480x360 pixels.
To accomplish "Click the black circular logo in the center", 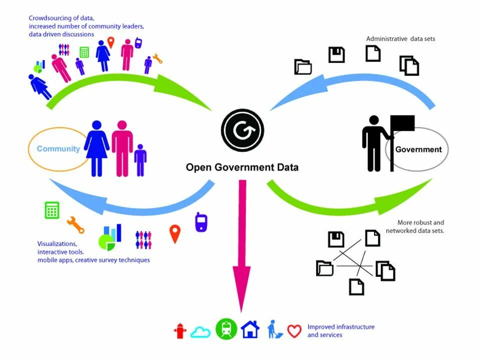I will click(242, 130).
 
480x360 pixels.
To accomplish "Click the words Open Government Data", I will click(242, 167).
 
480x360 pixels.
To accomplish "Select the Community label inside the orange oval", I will click(58, 149).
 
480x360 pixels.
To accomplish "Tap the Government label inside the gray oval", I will click(418, 149).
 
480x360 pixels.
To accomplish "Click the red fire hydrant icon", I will click(180, 330).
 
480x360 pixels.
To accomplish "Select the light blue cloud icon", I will click(200, 331).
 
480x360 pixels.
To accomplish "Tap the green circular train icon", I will click(226, 329).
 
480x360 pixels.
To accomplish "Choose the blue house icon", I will click(250, 329).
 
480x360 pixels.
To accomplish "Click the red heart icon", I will click(294, 331).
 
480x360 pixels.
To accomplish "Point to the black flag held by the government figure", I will click(402, 123).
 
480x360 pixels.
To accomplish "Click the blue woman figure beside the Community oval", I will click(96, 148).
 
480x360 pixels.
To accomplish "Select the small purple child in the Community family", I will click(140, 160).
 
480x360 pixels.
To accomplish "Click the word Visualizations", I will click(57, 244).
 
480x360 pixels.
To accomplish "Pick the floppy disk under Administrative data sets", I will click(336, 54).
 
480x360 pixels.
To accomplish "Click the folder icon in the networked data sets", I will click(324, 268).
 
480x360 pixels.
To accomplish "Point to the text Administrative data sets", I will click(400, 38).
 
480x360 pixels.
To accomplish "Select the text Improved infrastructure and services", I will click(340, 330).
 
